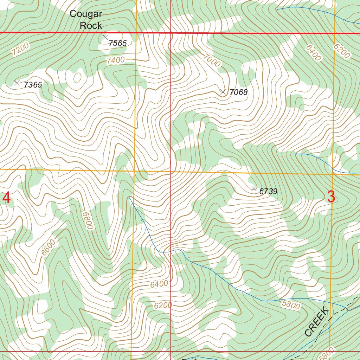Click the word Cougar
pos(86,14)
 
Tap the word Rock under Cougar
pos(91,26)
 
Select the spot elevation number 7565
pos(117,44)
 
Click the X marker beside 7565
pos(105,37)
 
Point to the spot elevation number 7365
pos(33,85)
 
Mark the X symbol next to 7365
pos(17,83)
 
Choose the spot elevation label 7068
pos(238,93)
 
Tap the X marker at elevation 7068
pos(223,92)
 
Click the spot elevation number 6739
pos(268,192)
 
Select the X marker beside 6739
pos(254,189)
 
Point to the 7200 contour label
pos(20,49)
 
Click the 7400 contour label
pos(115,60)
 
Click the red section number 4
pos(6,198)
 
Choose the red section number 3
pos(331,197)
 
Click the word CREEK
pos(316,321)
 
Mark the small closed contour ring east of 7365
pos(76,78)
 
